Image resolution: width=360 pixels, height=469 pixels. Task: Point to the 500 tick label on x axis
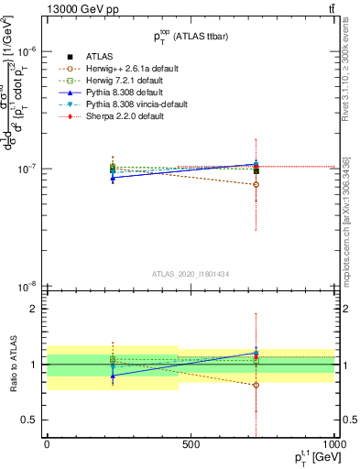pos(191,444)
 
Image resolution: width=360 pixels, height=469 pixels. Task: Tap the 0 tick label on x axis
pos(47,444)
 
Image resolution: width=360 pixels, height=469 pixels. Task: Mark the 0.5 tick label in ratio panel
pos(30,420)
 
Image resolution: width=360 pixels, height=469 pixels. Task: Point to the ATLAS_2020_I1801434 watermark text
pos(191,274)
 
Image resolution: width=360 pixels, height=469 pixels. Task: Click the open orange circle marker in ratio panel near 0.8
pos(256,385)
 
